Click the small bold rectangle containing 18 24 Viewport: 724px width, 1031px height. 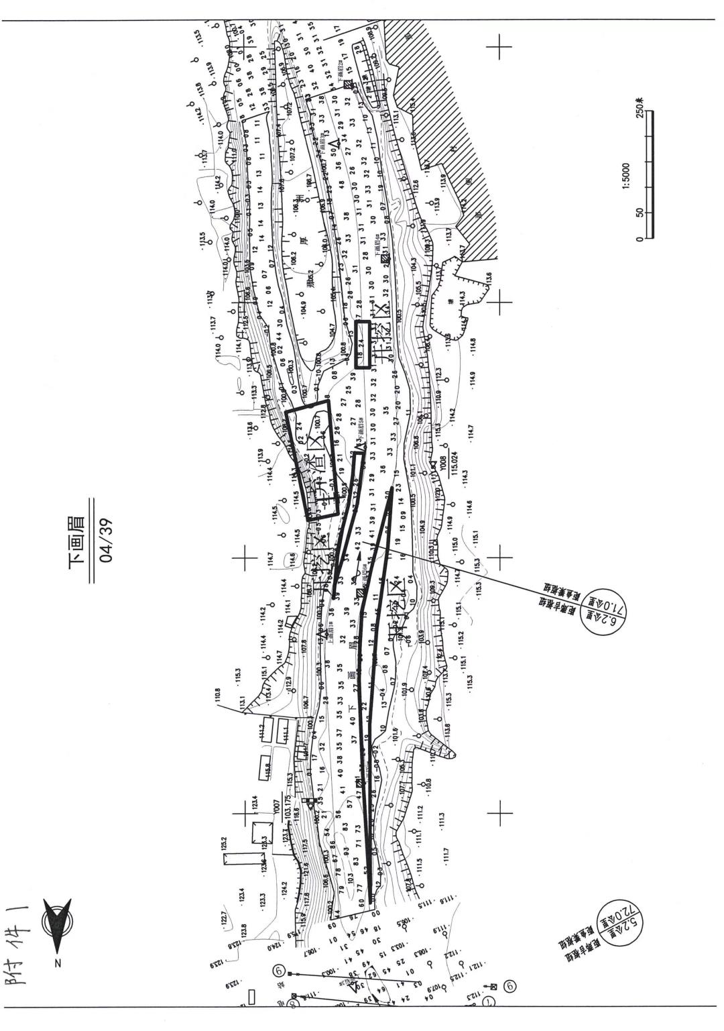pyautogui.click(x=363, y=344)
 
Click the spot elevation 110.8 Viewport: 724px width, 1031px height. pyautogui.click(x=218, y=694)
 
